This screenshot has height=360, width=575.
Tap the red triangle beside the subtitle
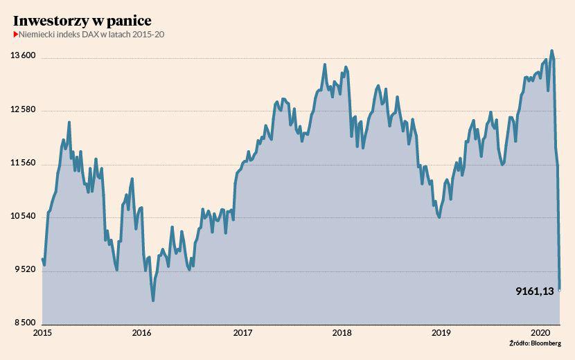coord(16,35)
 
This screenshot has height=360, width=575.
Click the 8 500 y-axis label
coord(26,323)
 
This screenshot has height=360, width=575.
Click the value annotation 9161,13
coord(534,291)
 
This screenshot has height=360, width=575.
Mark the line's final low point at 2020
coord(560,289)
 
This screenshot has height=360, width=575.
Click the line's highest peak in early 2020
coord(551,51)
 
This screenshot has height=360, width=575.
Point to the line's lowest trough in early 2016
coord(153,300)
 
